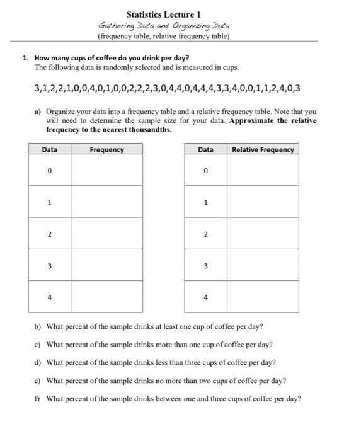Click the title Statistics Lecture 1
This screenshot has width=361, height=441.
pos(163,14)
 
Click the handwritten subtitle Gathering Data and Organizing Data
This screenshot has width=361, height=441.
pos(164,26)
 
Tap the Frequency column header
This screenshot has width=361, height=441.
pos(106,150)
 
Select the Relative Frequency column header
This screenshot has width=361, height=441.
pos(263,150)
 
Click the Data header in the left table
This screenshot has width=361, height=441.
pos(49,150)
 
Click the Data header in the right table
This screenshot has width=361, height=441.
pos(205,150)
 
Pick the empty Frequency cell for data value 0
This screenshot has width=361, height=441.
pos(106,171)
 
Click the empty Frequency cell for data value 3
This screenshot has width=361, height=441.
pos(106,266)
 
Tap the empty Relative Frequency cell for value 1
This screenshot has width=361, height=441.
pos(263,202)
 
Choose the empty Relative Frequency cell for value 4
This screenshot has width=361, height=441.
pos(263,297)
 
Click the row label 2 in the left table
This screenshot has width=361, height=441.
pos(49,234)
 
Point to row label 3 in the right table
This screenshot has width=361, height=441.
pos(205,266)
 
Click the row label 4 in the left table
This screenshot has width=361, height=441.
pos(49,297)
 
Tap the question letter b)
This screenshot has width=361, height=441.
pos(38,327)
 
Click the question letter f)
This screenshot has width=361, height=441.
pos(38,399)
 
